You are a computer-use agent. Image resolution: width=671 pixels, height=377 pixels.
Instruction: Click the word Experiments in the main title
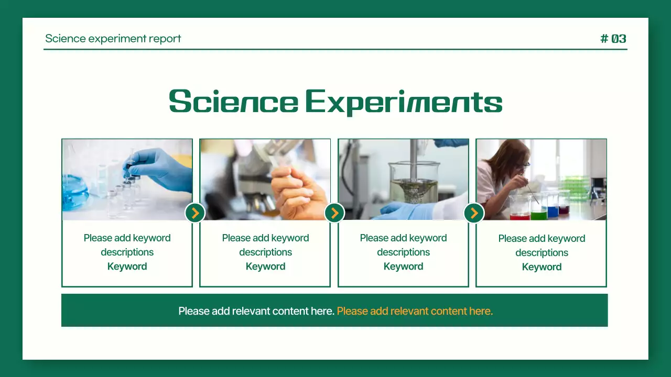click(x=404, y=103)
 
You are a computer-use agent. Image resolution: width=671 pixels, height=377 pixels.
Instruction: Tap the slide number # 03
click(x=613, y=39)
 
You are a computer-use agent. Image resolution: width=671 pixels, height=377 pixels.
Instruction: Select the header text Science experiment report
click(x=113, y=39)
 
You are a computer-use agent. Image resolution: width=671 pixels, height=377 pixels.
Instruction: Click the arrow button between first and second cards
click(x=195, y=213)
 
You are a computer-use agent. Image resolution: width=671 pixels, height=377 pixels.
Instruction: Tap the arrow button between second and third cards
click(x=334, y=213)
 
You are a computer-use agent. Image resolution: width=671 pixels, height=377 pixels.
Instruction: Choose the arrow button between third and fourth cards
click(x=474, y=213)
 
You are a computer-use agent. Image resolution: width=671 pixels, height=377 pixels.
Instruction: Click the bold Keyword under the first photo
click(x=127, y=267)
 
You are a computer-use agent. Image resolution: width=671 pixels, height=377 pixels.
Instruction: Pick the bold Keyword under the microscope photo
click(x=265, y=267)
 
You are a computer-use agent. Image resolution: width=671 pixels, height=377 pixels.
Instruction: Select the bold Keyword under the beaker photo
click(x=403, y=267)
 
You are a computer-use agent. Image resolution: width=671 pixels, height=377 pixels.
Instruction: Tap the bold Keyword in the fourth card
click(x=542, y=267)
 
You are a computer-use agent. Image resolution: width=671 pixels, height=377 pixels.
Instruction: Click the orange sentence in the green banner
click(x=415, y=311)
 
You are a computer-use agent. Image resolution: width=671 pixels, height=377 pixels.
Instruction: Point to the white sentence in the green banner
click(x=256, y=311)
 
